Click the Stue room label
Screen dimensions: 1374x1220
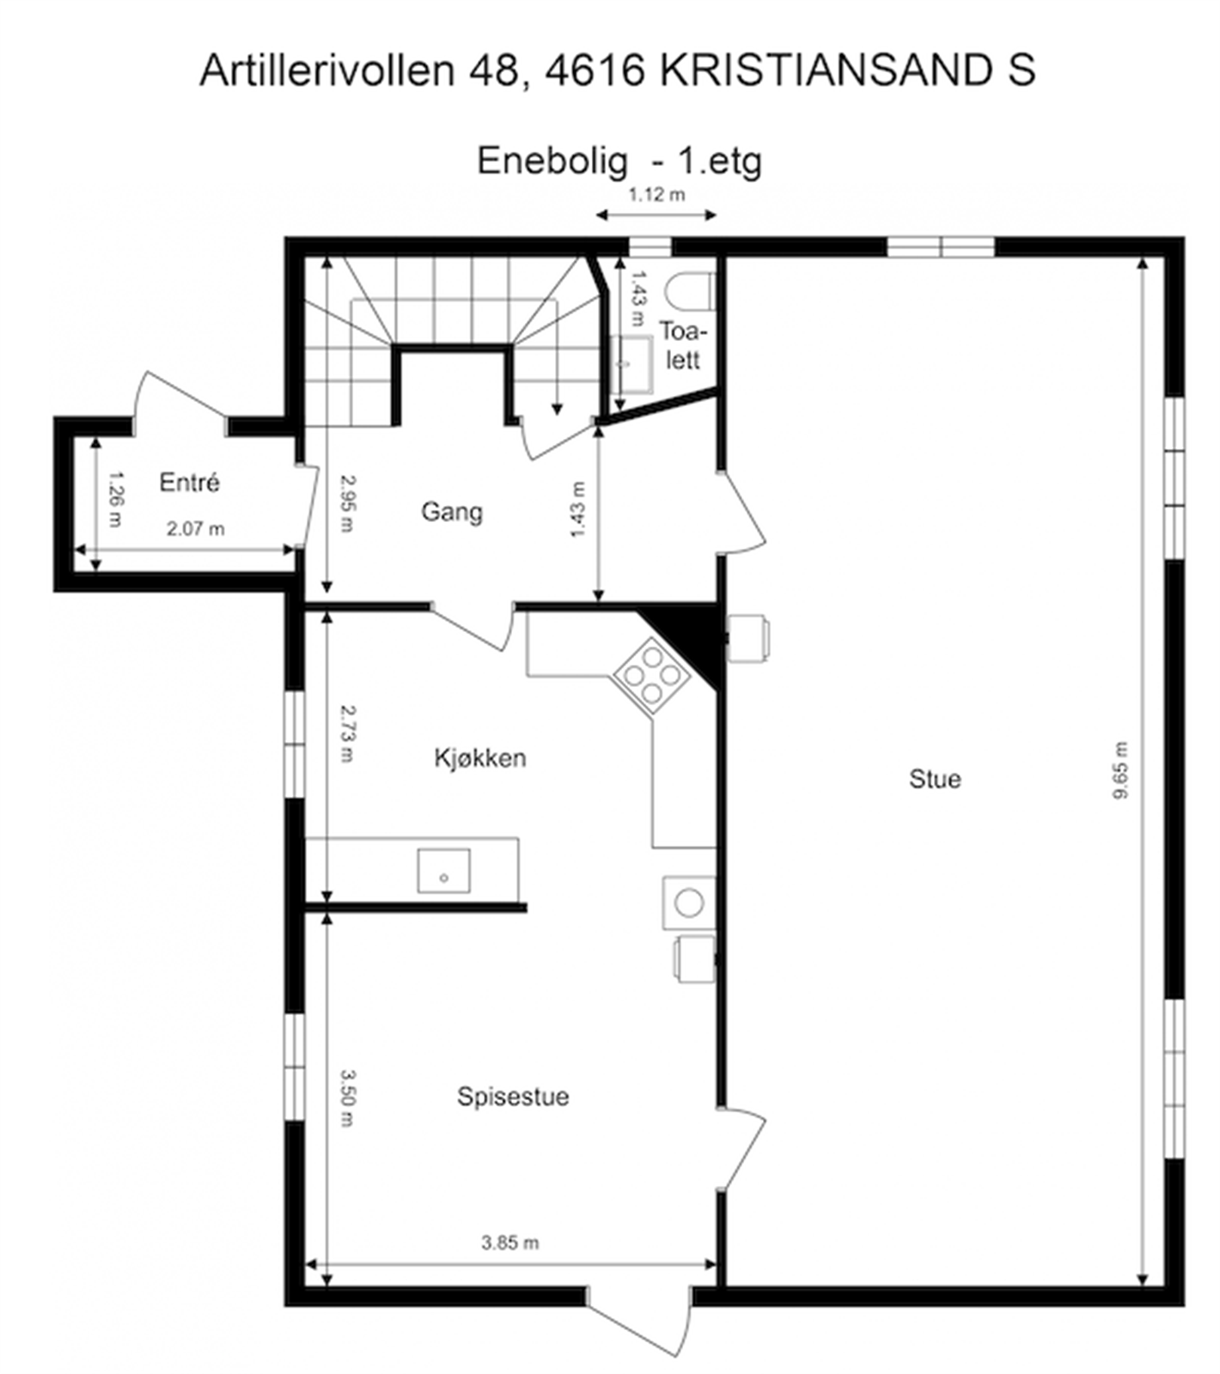(x=935, y=779)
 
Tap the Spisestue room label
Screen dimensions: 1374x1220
(x=512, y=1097)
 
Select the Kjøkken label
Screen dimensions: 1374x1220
(x=479, y=758)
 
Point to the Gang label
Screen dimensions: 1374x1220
(x=451, y=512)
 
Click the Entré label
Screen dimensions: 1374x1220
(x=189, y=483)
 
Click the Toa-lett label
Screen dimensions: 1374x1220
(x=683, y=345)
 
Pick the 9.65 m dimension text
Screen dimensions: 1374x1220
(x=1120, y=770)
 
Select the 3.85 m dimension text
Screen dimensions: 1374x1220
(x=510, y=1243)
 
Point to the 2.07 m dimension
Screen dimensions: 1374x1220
(x=196, y=529)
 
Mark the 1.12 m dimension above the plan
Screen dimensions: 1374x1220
(x=656, y=195)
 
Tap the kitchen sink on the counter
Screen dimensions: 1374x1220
(x=444, y=871)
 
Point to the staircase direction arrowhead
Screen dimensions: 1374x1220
(x=558, y=409)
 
